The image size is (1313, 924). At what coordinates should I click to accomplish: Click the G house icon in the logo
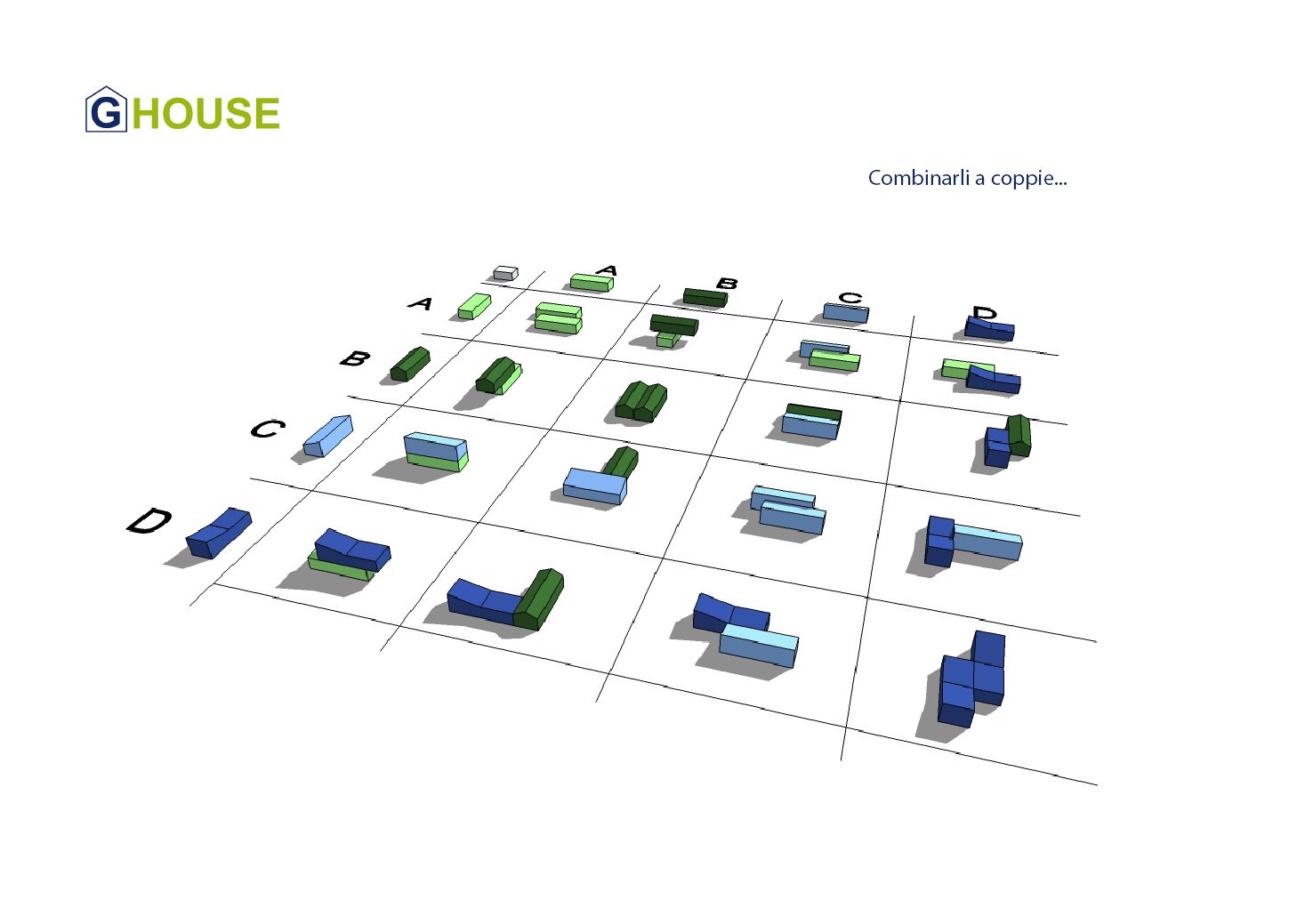[x=106, y=110]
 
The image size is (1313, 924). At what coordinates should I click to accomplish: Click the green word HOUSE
[x=205, y=114]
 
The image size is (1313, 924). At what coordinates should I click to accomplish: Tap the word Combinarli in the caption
[x=918, y=178]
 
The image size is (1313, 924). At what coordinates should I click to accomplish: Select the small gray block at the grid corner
[x=505, y=273]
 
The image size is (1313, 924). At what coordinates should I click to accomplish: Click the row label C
[x=267, y=429]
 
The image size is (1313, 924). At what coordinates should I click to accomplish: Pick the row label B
[x=355, y=358]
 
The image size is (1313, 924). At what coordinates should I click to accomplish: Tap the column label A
[x=608, y=269]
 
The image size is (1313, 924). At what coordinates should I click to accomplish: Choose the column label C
[x=850, y=297]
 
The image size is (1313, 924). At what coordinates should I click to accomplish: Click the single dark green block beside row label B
[x=410, y=364]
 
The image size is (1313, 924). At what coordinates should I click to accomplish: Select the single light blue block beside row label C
[x=327, y=435]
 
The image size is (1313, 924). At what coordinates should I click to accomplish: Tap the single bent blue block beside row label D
[x=218, y=532]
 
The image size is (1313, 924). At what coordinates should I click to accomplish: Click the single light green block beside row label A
[x=474, y=306]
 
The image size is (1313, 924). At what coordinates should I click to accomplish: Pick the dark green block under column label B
[x=705, y=297]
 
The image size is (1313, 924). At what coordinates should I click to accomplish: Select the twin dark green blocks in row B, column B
[x=641, y=401]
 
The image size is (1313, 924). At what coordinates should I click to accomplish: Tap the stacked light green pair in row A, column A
[x=558, y=317]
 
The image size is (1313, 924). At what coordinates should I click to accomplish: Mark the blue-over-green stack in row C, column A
[x=435, y=452]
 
